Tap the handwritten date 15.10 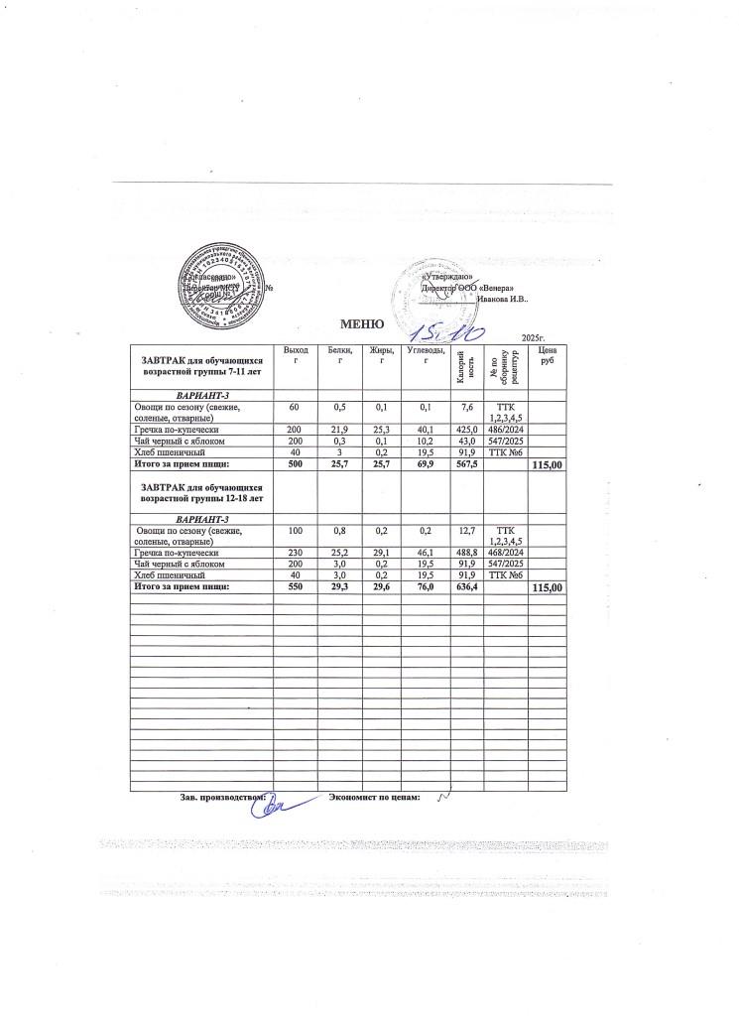click(x=449, y=332)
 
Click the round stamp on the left click(x=220, y=286)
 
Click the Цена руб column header click(x=548, y=356)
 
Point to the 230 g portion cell click(x=296, y=551)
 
